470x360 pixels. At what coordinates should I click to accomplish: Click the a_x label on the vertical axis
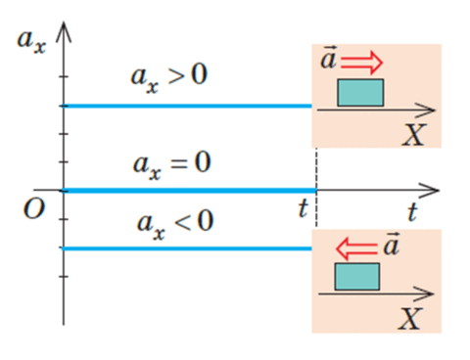(x=31, y=41)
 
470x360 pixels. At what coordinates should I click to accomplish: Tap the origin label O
(x=34, y=208)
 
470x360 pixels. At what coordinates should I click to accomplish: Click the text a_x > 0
(x=169, y=77)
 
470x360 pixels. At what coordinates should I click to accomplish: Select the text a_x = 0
(x=171, y=164)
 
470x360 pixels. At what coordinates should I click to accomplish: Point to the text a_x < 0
(x=175, y=224)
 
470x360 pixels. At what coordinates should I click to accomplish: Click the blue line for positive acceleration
(x=188, y=106)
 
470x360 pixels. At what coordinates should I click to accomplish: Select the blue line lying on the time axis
(x=190, y=191)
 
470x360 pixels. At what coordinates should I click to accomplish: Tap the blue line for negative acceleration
(x=187, y=248)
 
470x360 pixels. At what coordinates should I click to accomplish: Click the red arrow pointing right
(x=361, y=62)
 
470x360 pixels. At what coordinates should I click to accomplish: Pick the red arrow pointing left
(x=356, y=248)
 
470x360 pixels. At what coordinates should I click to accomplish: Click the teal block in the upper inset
(x=360, y=92)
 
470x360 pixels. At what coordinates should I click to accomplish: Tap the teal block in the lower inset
(x=357, y=277)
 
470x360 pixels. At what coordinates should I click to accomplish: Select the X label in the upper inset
(x=413, y=135)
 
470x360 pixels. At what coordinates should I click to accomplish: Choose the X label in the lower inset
(x=410, y=319)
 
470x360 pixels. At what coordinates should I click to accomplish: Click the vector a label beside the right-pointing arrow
(x=328, y=58)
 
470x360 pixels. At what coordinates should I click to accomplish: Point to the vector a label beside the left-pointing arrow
(x=391, y=244)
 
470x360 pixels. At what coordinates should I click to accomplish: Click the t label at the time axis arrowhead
(x=412, y=211)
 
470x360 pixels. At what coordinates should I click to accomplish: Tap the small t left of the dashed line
(x=304, y=208)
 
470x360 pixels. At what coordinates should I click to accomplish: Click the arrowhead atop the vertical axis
(x=64, y=32)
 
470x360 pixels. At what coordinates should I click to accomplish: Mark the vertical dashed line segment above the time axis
(x=316, y=168)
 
